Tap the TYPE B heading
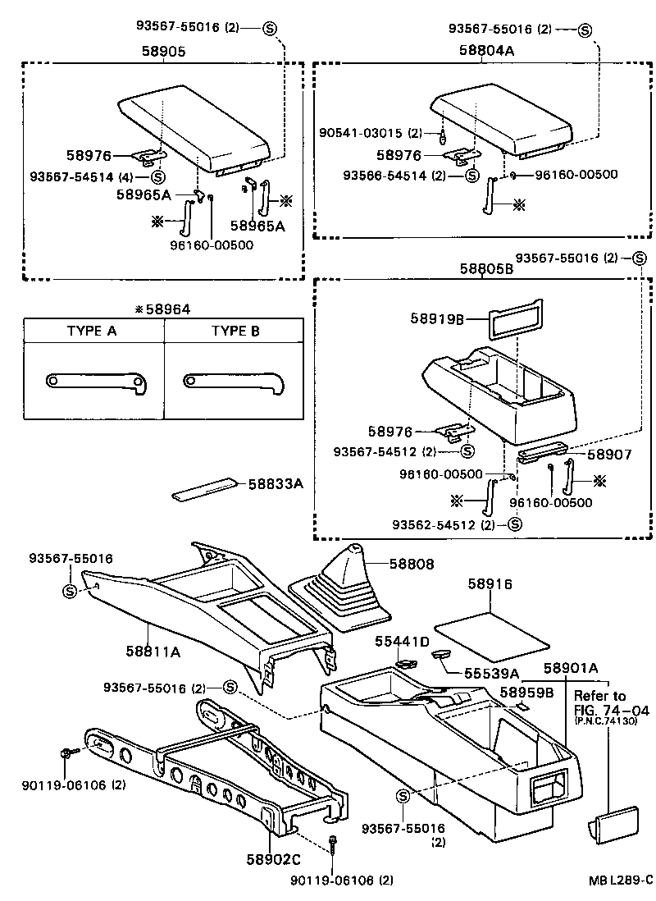pyautogui.click(x=235, y=332)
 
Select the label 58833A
pyautogui.click(x=276, y=484)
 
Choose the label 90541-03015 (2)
pyautogui.click(x=370, y=132)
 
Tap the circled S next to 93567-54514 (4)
pyautogui.click(x=157, y=176)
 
